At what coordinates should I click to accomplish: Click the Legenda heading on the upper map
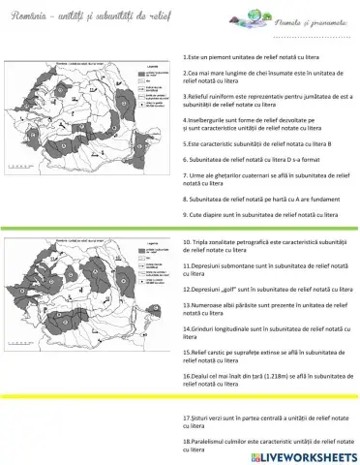(x=150, y=68)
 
